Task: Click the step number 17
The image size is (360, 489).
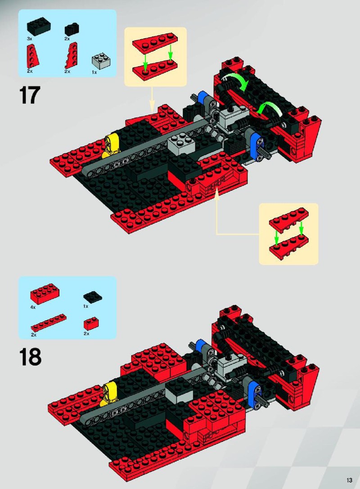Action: [x=30, y=95]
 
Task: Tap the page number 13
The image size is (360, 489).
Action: [x=348, y=480]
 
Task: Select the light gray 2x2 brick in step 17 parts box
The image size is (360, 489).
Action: [x=100, y=62]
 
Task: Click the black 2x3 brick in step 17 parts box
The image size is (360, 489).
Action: [x=39, y=27]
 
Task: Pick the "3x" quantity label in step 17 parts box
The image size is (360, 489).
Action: [x=29, y=39]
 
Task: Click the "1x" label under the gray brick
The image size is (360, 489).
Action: [x=94, y=72]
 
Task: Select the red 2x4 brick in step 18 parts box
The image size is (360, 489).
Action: [x=45, y=293]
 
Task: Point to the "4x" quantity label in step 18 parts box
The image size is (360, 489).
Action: [x=33, y=307]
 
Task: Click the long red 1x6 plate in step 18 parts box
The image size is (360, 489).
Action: [x=49, y=323]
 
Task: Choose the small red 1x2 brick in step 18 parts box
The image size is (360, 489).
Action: [x=91, y=323]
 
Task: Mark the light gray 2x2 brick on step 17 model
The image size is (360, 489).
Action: [x=180, y=143]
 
